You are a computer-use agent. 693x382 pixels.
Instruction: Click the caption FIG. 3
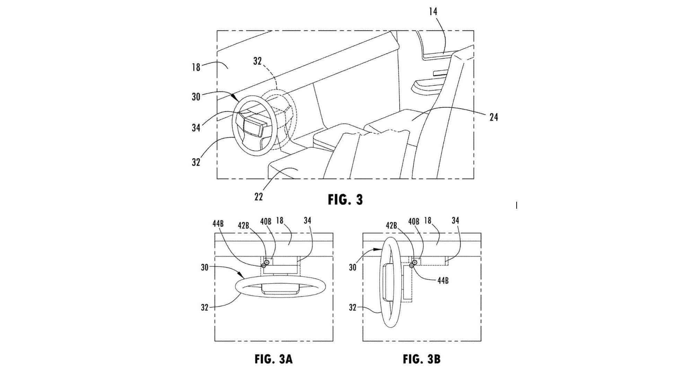345,200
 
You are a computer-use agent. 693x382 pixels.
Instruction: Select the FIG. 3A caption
273,359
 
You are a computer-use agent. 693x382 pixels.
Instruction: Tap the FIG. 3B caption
421,359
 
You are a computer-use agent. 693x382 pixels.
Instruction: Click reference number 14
433,12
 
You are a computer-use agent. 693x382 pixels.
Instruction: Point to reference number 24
493,118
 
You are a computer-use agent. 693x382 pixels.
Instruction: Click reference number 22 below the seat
258,197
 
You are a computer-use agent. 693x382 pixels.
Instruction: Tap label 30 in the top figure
196,97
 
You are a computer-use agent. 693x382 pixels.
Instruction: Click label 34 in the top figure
196,128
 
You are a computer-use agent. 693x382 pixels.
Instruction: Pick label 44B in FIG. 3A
218,224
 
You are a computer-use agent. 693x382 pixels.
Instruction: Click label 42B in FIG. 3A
244,225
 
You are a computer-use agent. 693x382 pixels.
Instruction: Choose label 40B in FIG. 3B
414,221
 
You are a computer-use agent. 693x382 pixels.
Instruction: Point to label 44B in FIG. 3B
442,280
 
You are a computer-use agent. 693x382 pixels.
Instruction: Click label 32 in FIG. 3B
352,307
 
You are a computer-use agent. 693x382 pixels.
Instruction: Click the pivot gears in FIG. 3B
413,264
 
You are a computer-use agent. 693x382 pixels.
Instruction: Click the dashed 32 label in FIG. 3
257,61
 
